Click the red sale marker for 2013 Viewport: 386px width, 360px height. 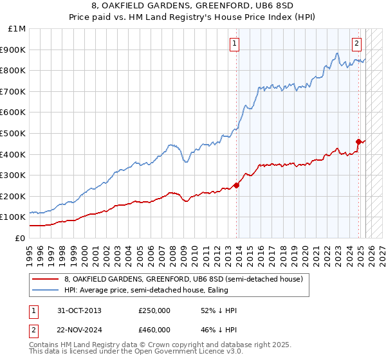237,185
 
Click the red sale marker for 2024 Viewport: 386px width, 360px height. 358,141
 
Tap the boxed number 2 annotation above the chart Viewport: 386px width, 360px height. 356,44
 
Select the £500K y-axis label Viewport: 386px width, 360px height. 14,133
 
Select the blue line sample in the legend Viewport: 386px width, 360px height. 46,290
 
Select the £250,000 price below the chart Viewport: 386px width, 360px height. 154,310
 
